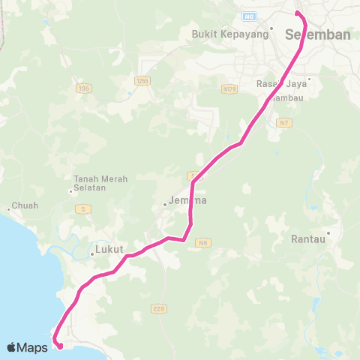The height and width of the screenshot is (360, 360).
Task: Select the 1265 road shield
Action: pyautogui.click(x=142, y=79)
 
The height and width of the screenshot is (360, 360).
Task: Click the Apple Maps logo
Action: pyautogui.click(x=27, y=347)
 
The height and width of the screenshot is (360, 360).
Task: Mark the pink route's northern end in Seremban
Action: pyautogui.click(x=297, y=13)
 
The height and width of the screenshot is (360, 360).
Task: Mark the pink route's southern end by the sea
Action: pyautogui.click(x=58, y=346)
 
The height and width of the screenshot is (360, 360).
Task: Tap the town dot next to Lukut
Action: pyautogui.click(x=91, y=253)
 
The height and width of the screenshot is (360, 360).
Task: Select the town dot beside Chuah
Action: pyautogui.click(x=8, y=208)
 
